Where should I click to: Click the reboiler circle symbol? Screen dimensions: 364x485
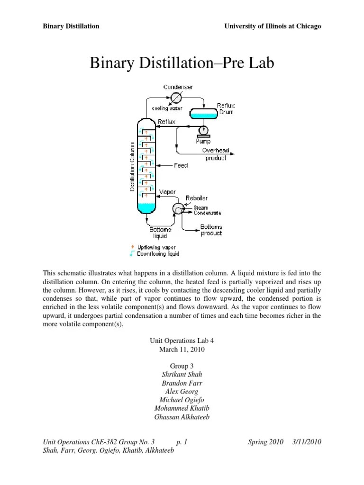click(x=179, y=208)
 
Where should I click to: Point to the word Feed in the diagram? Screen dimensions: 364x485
click(x=181, y=165)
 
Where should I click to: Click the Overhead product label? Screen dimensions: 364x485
click(x=216, y=154)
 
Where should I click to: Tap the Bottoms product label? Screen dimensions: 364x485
click(x=211, y=230)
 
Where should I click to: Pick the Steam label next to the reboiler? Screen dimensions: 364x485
click(x=200, y=207)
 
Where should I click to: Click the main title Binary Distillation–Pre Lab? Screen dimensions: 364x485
click(x=182, y=63)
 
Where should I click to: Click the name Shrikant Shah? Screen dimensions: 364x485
click(x=182, y=374)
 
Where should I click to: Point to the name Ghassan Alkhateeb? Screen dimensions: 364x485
click(x=182, y=417)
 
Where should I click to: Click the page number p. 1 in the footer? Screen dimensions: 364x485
click(x=182, y=442)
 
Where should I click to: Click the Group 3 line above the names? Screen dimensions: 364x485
click(x=182, y=366)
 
